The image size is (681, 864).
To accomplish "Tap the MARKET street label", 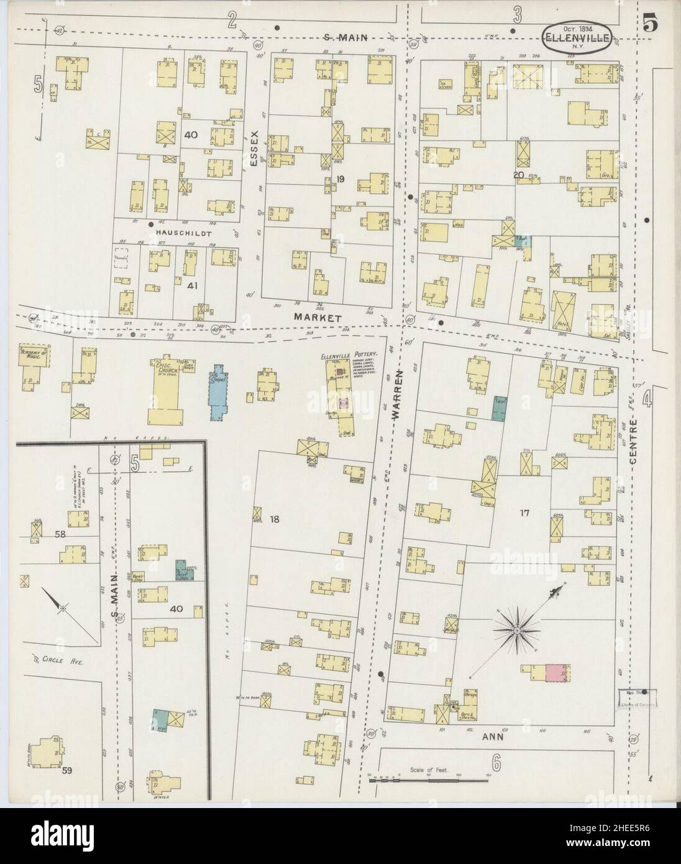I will [x=324, y=318].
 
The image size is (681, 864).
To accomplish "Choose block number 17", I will [x=524, y=513].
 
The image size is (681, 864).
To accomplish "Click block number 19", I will [x=340, y=180].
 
